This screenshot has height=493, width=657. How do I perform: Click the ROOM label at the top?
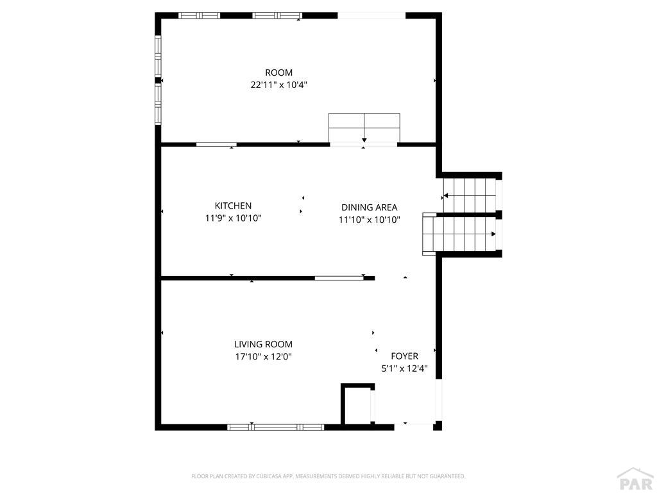(278, 73)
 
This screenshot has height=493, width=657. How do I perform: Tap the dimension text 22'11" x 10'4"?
(278, 85)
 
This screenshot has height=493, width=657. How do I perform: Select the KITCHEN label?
(233, 205)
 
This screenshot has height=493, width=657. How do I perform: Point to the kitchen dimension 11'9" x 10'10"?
(233, 218)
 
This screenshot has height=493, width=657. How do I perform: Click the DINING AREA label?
(369, 207)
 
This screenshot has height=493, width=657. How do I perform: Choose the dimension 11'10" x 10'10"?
(369, 220)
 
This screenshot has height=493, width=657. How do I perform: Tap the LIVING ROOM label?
(263, 344)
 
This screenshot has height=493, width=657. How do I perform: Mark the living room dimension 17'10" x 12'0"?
(263, 357)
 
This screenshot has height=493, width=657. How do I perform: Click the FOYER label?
(404, 356)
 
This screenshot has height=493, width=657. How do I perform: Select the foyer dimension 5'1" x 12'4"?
(404, 368)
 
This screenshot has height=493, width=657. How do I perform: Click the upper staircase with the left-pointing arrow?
(470, 188)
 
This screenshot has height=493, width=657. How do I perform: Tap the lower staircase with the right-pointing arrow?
(459, 234)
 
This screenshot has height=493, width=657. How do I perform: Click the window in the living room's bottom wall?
(276, 426)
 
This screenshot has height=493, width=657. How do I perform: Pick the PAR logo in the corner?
(635, 480)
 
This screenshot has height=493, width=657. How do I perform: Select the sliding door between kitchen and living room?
(338, 278)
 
